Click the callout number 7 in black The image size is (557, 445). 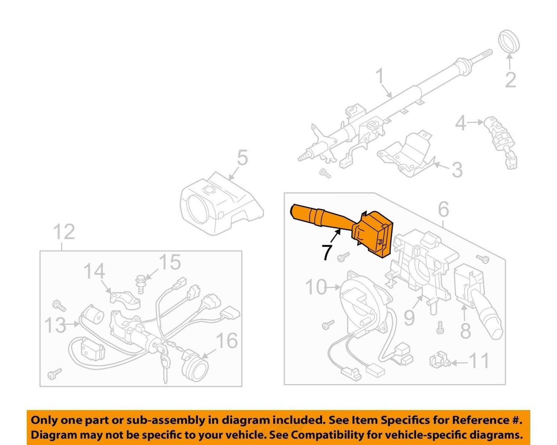327,252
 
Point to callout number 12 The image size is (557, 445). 64,232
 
